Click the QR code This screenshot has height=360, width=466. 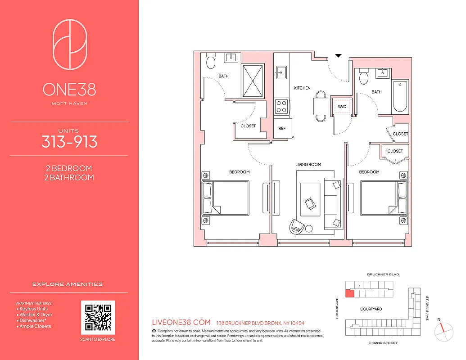(98, 317)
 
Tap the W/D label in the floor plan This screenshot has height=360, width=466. (342, 107)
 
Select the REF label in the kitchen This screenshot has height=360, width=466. (282, 128)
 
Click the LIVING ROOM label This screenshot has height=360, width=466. (308, 165)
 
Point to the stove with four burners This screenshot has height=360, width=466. (282, 107)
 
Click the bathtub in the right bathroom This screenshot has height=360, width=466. (399, 97)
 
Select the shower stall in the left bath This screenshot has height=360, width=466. (253, 81)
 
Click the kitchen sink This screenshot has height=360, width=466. (281, 72)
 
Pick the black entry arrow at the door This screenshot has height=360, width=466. (339, 56)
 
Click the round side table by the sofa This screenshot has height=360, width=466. (309, 229)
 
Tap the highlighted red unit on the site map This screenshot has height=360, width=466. (349, 294)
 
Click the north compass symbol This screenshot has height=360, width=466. (442, 332)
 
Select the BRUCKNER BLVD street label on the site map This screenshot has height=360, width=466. (383, 274)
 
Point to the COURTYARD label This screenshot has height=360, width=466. (371, 309)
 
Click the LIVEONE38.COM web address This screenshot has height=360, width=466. (182, 323)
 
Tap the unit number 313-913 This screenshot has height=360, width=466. (69, 142)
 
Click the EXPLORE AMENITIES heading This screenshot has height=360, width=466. (68, 284)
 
